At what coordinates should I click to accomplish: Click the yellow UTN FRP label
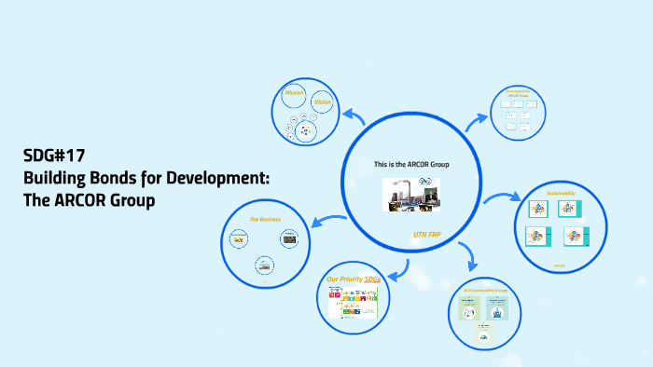pos(426,235)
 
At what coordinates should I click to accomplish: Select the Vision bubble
pos(323,102)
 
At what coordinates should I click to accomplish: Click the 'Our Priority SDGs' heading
pos(353,279)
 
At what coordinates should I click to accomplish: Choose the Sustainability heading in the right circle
pos(561,192)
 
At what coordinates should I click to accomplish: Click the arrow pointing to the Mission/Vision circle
pos(354,116)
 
